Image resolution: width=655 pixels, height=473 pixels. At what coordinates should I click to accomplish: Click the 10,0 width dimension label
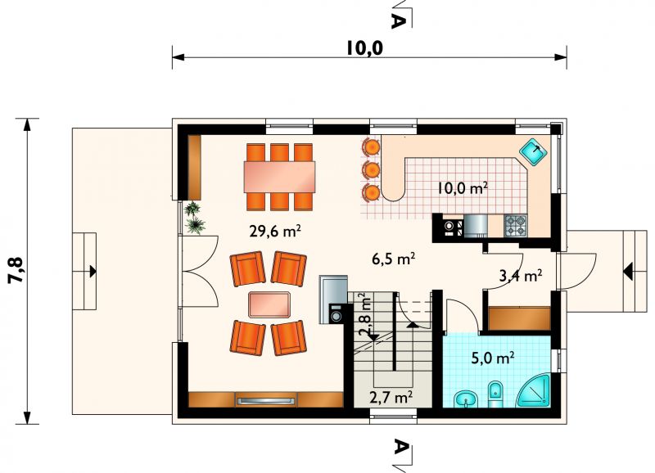pos(364,47)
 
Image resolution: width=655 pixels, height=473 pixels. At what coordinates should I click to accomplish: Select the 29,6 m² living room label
pos(275,231)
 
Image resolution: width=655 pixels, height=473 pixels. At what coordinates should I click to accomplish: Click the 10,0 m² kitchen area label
pos(463,188)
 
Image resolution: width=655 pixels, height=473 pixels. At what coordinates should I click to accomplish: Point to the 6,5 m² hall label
pos(393,259)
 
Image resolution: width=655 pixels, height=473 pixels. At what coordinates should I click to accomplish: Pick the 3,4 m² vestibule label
pos(521,276)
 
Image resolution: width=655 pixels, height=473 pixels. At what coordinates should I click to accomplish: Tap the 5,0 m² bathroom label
pos(493,358)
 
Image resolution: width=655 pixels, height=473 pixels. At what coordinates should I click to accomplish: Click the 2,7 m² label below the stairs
pos(391,397)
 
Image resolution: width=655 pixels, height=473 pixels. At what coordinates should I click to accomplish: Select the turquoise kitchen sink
pos(533,151)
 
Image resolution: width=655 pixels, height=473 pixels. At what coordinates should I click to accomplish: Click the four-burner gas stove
pos(517,225)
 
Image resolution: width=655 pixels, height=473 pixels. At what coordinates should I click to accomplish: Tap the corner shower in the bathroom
pos(534,391)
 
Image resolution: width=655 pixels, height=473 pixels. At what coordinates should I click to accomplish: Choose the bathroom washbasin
pos(466,399)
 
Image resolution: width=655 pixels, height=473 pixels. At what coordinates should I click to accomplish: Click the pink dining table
pos(279,177)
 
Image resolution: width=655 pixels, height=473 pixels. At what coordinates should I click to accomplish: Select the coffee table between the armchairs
pos(269,304)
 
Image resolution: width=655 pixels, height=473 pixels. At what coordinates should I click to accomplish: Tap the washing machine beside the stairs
pos(337,313)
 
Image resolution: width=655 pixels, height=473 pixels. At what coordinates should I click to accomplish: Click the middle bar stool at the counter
pos(371,169)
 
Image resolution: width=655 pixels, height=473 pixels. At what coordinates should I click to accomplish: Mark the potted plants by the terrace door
pos(195,218)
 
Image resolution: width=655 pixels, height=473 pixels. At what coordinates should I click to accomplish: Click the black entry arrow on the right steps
pos(627,272)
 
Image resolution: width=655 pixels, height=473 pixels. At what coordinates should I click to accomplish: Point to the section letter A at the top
pos(398,20)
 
